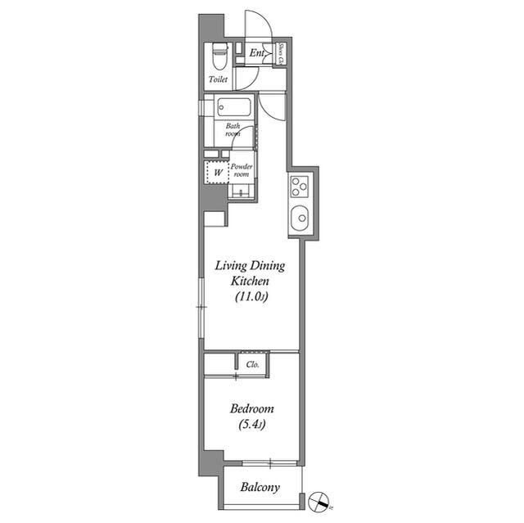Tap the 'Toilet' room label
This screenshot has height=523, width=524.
click(218, 80)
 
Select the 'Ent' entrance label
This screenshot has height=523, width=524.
click(256, 54)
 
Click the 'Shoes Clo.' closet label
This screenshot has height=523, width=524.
click(281, 53)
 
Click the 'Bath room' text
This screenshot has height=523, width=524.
click(233, 130)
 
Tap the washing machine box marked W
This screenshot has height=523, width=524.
click(218, 172)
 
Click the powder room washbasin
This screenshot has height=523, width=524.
click(242, 192)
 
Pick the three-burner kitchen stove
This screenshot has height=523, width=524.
click(299, 187)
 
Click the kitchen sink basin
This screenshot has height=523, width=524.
click(300, 219)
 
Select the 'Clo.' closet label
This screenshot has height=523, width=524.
click(252, 365)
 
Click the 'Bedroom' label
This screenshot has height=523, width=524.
click(251, 408)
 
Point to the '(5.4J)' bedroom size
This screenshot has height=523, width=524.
click(251, 425)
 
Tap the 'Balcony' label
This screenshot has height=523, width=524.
click(260, 488)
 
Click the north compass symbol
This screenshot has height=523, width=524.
click(318, 500)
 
